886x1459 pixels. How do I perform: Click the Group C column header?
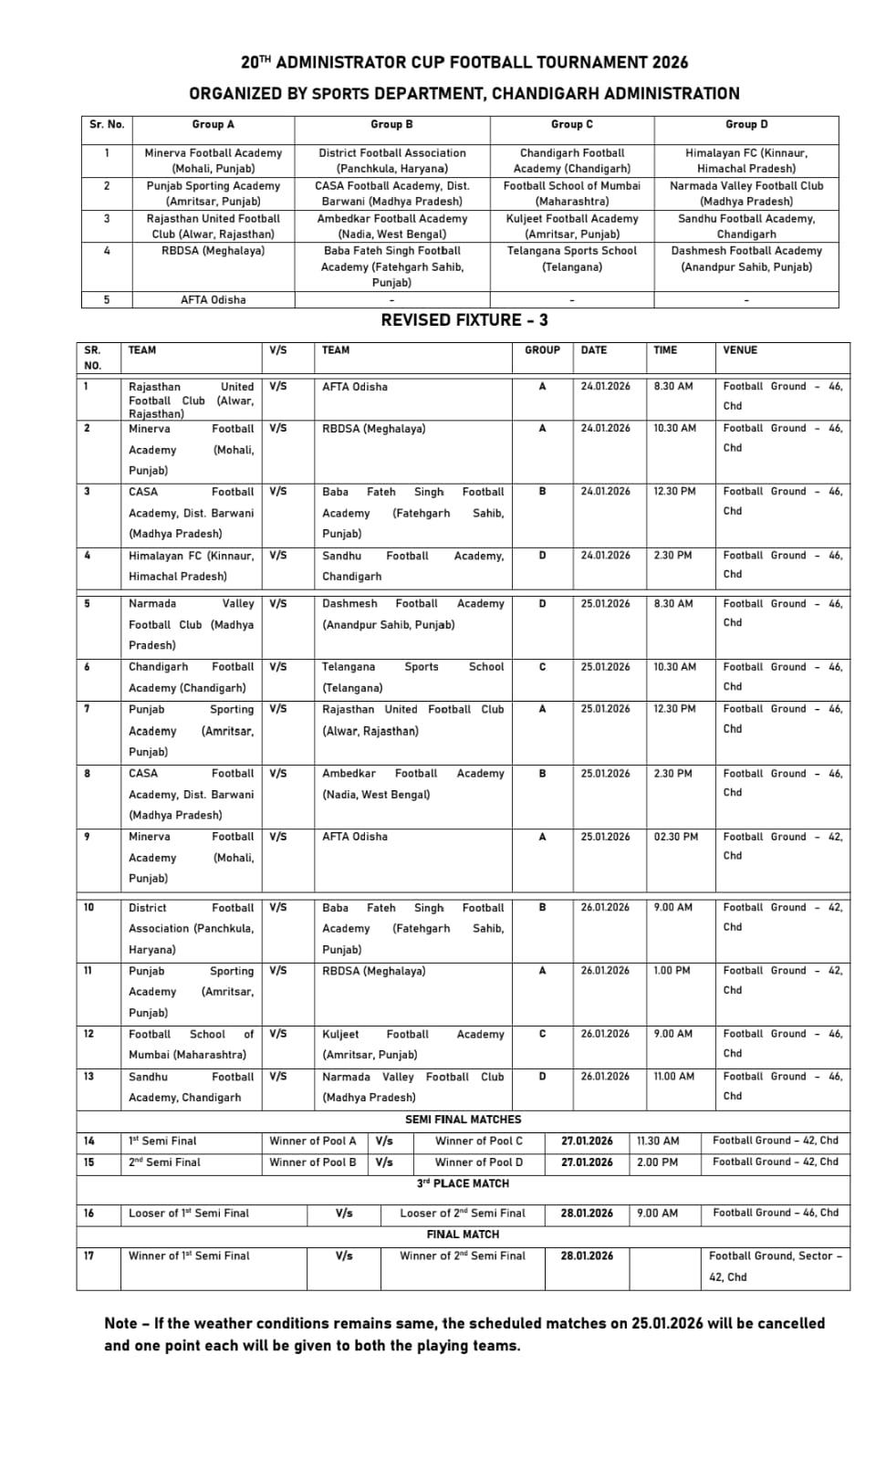point(571,124)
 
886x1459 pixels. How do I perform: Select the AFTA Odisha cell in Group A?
point(213,299)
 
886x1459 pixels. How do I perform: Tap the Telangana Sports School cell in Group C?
point(571,258)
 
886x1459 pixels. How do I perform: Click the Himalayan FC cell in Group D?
point(745,161)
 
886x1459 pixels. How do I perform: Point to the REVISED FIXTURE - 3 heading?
point(464,319)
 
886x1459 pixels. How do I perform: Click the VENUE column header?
point(740,349)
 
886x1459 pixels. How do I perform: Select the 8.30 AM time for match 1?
point(672,386)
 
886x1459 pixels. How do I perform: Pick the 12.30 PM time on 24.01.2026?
point(674,491)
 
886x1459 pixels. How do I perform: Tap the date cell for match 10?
point(605,907)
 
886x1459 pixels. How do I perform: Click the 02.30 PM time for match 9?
point(675,837)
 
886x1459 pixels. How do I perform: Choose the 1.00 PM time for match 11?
point(672,971)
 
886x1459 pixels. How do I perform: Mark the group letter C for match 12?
point(542,1034)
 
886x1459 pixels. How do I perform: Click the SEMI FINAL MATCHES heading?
point(463,1120)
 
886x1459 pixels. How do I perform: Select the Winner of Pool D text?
point(478,1162)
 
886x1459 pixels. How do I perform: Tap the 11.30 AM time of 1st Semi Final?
point(658,1141)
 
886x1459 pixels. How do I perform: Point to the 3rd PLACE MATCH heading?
point(463,1183)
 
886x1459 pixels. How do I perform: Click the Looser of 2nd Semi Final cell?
point(462,1213)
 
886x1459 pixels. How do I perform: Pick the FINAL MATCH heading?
point(463,1235)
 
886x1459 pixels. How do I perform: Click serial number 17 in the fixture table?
point(89,1256)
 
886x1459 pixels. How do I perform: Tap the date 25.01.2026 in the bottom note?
point(667,1323)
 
